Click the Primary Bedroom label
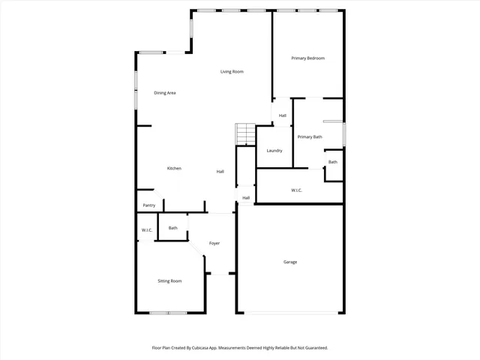tap(307, 58)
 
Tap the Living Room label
tap(232, 72)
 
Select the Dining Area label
tap(164, 93)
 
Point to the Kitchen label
tap(174, 168)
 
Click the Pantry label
tap(148, 205)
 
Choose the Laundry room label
tap(274, 151)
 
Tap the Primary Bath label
tap(310, 136)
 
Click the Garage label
tap(290, 262)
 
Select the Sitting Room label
tap(169, 281)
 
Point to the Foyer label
tap(214, 243)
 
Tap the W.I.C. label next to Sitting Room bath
tap(147, 229)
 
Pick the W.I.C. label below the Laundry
tap(297, 190)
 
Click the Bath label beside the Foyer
tap(173, 228)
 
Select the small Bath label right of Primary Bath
tap(332, 162)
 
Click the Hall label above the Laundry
tap(283, 115)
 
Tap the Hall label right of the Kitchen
tap(220, 172)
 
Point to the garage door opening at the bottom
tap(290, 312)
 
